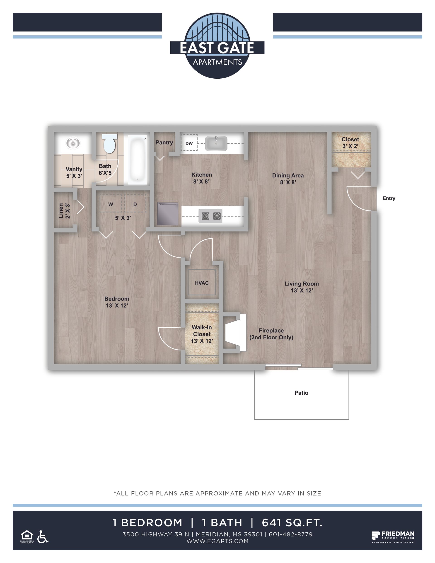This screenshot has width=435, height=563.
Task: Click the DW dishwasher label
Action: pos(189,144)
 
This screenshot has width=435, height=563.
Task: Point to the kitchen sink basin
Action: pos(216,144)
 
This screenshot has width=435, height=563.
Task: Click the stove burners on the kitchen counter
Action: pos(211,215)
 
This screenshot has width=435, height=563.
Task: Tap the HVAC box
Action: pos(202,283)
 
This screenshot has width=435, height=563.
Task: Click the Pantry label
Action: pos(164,143)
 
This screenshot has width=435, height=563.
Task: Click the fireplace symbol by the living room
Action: pos(235,333)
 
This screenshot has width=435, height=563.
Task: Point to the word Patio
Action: pos(301,393)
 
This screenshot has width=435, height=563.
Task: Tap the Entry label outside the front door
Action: pos(389,198)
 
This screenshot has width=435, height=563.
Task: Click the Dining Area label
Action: pos(288,176)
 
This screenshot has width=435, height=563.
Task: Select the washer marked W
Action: pos(111,204)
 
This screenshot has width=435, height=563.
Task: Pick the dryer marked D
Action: pos(135,204)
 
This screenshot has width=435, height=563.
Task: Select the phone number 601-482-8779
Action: pos(291,534)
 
